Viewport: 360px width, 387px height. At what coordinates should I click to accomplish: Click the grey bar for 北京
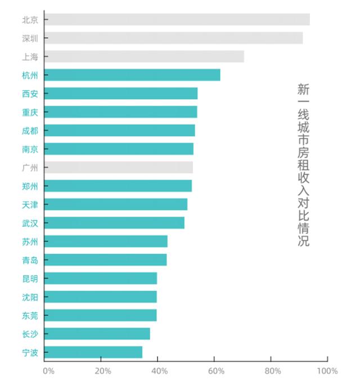[177, 20]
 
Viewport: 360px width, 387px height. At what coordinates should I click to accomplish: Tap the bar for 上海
[144, 57]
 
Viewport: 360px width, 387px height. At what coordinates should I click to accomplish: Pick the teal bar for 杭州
[132, 75]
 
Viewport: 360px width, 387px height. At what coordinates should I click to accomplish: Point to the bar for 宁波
[93, 352]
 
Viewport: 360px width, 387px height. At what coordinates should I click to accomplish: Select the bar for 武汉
[114, 223]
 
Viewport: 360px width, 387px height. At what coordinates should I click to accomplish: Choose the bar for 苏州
[106, 241]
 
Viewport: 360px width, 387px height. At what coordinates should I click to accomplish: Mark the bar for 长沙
[97, 334]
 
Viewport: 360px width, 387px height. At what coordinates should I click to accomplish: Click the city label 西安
[30, 93]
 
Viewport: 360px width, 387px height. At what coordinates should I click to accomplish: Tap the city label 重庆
[30, 112]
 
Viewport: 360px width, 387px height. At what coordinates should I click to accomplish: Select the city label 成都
[30, 130]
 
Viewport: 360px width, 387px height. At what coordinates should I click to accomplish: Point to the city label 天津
[30, 204]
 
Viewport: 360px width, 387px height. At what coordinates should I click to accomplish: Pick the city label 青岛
[30, 260]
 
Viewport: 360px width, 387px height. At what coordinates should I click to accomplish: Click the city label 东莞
[30, 315]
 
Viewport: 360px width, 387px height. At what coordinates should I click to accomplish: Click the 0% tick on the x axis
[48, 371]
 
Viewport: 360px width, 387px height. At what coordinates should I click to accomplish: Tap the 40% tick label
[160, 371]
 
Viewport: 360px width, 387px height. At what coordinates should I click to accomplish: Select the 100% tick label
[327, 371]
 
